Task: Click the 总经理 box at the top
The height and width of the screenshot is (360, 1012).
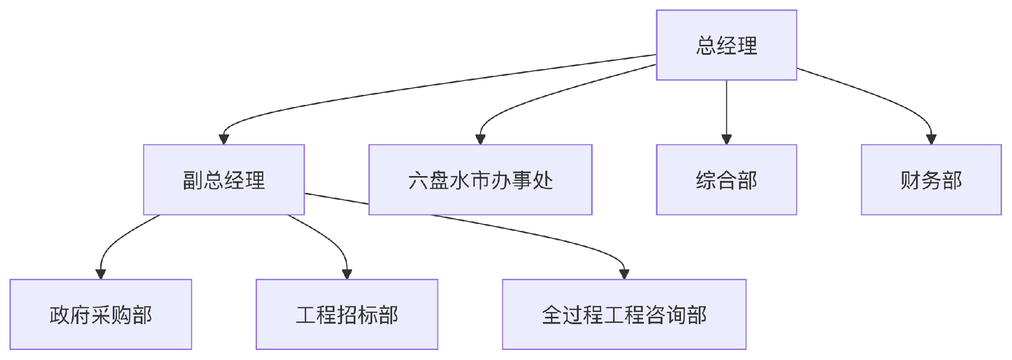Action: click(726, 45)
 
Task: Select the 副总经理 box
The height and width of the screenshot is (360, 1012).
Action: click(223, 180)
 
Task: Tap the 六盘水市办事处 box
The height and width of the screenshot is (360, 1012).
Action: click(480, 180)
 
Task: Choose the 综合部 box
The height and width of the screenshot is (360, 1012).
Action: click(726, 180)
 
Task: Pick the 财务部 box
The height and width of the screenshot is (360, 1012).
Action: click(931, 180)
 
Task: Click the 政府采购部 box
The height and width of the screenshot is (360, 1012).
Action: click(100, 314)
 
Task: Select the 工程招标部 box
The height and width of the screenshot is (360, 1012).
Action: click(346, 314)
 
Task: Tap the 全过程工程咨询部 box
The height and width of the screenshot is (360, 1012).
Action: click(624, 314)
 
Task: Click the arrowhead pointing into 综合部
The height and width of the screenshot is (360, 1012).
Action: click(726, 139)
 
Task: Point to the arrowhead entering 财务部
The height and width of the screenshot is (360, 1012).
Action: click(931, 139)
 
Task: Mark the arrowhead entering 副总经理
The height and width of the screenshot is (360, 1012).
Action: click(223, 139)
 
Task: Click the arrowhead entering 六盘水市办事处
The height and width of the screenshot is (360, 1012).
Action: click(480, 139)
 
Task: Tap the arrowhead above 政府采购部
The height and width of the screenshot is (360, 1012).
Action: click(100, 274)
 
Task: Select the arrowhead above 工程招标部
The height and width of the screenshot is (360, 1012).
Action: click(346, 274)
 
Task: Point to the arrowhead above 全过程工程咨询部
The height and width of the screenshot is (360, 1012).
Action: click(624, 274)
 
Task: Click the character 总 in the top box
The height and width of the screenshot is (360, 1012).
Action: click(705, 45)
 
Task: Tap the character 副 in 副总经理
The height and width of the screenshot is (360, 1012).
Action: click(192, 180)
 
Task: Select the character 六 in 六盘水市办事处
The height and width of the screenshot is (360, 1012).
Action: click(418, 180)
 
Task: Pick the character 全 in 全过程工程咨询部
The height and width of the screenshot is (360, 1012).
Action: click(552, 315)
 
